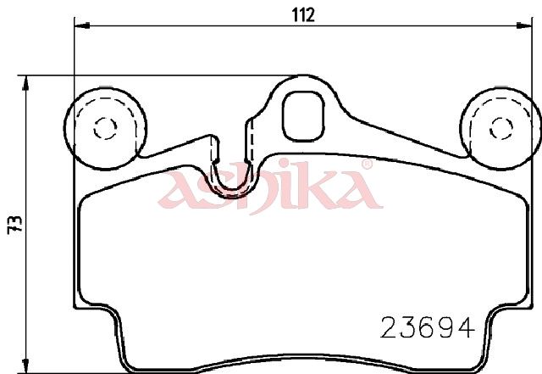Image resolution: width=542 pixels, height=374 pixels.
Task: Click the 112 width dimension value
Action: coord(303,15)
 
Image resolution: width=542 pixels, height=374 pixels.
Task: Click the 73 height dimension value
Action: coord(15,225)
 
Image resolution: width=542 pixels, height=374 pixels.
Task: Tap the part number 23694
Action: coord(427,328)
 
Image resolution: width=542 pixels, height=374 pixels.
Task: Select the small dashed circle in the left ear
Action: coord(105,128)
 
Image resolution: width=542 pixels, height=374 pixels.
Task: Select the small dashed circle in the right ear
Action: coord(501,128)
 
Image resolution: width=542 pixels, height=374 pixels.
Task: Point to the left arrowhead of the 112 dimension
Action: coord(82,25)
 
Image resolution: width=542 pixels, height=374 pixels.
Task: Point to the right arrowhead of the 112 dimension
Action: coord(524,25)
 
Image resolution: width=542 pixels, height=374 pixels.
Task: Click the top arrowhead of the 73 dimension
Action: coord(25,83)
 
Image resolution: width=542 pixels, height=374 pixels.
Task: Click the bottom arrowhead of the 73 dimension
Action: coord(25,366)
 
